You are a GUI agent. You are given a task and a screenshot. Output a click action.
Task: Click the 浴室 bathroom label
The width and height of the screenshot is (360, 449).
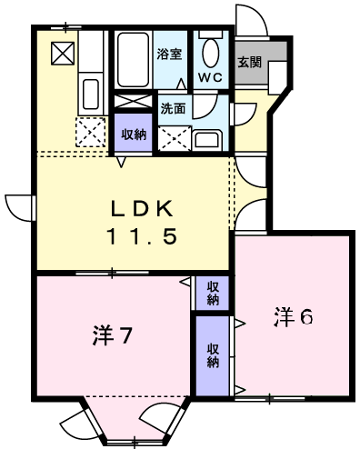coord(169,54)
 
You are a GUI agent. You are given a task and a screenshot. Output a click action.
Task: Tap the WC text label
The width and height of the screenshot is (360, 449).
coord(210,77)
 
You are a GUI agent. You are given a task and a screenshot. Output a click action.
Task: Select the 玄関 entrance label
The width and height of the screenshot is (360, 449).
coord(249,62)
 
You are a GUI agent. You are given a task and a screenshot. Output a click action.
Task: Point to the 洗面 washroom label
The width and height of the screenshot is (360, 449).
coord(173,108)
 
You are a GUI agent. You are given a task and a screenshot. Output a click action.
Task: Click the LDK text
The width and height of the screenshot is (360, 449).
coord(142,209)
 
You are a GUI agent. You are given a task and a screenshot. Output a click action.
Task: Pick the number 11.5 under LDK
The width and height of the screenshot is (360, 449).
coord(142,236)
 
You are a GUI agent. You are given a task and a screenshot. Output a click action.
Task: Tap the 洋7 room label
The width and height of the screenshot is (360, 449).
coord(113,335)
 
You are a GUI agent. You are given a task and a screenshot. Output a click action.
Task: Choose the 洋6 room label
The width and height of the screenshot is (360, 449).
coord(294,317)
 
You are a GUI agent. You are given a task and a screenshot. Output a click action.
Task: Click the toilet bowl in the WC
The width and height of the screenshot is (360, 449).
coord(210,53)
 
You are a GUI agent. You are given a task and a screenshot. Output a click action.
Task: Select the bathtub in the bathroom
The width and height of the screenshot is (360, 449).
coord(134,60)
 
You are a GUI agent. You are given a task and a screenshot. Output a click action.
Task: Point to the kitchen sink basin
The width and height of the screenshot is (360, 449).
coord(91,94)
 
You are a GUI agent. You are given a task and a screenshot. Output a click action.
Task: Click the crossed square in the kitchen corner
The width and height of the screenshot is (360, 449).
coord(63,54)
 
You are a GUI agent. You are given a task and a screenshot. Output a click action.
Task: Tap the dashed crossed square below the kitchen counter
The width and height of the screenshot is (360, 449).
coord(91,132)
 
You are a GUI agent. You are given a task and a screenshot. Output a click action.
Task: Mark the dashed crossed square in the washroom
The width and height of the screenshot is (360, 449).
coord(175,138)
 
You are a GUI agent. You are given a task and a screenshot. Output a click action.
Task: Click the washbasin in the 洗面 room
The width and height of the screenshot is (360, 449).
coord(207,140)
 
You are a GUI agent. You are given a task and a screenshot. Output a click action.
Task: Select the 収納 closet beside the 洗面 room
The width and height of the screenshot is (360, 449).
coord(134,133)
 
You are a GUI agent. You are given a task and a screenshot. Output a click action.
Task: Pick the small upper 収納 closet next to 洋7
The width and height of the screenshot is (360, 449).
coord(213,293)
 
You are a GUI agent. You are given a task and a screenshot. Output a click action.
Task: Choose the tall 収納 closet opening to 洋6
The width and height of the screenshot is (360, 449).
coord(213,355)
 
